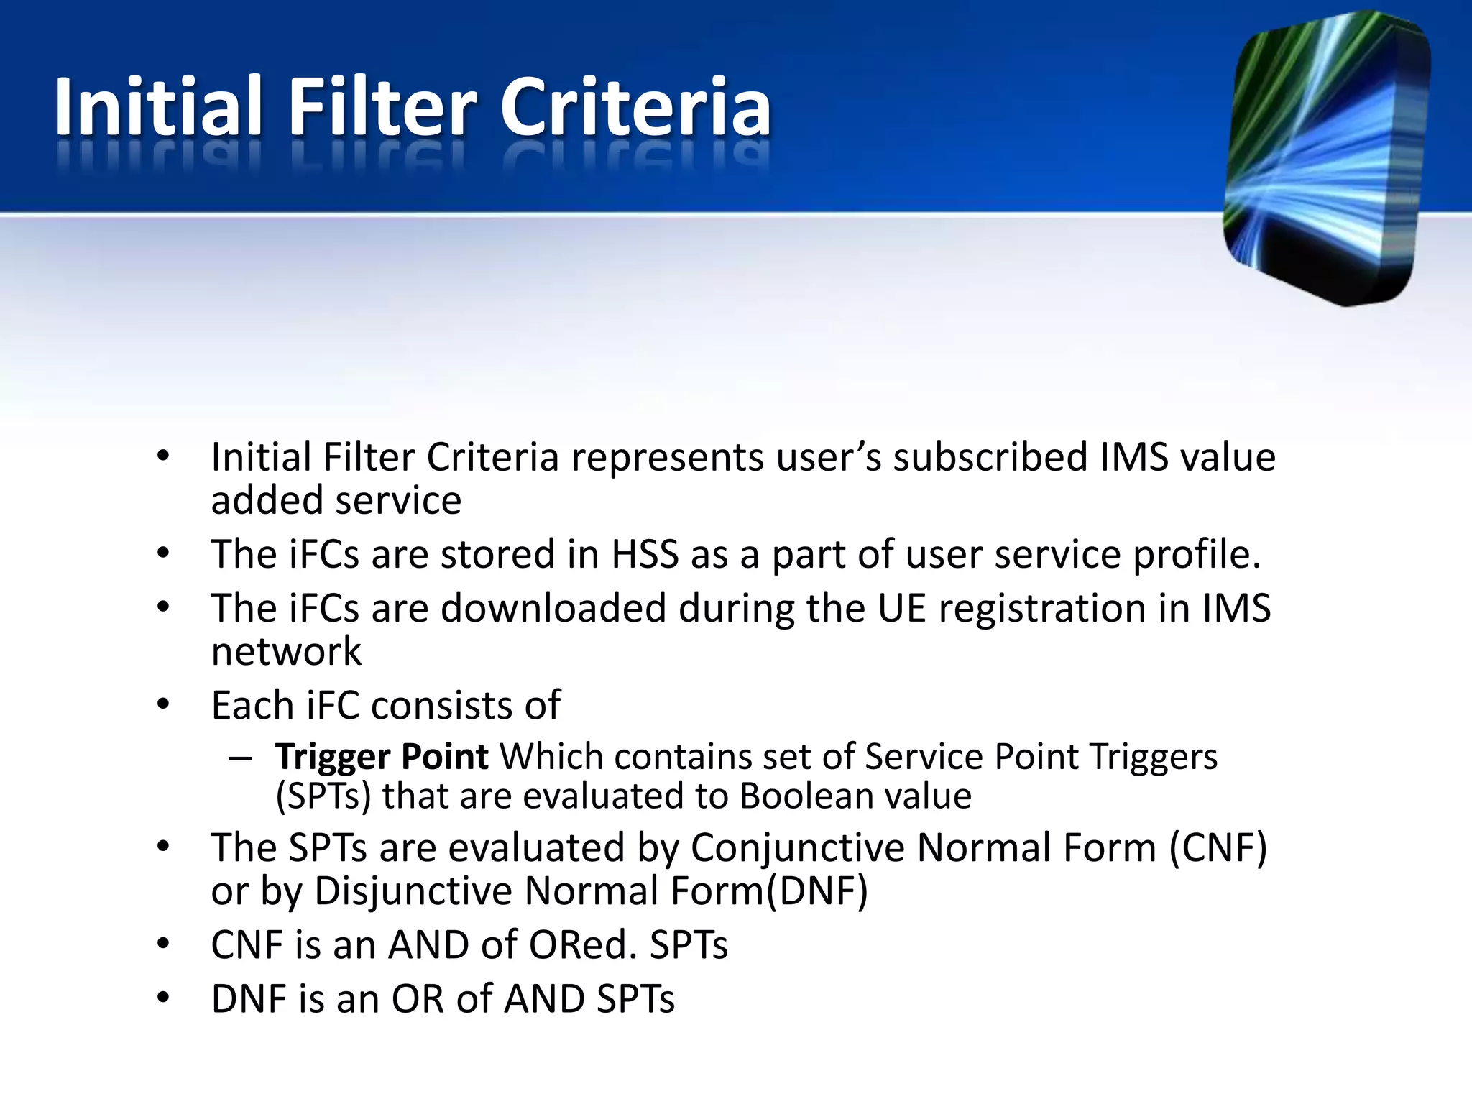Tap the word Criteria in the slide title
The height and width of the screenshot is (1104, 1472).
[635, 108]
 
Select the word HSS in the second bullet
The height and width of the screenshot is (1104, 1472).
[645, 555]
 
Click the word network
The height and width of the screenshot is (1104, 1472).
[286, 652]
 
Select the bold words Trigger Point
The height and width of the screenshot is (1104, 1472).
[382, 757]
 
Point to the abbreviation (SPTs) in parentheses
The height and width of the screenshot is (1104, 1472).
[323, 796]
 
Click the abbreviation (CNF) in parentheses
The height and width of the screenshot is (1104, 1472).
[1218, 848]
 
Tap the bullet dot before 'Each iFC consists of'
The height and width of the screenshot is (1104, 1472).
[163, 704]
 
